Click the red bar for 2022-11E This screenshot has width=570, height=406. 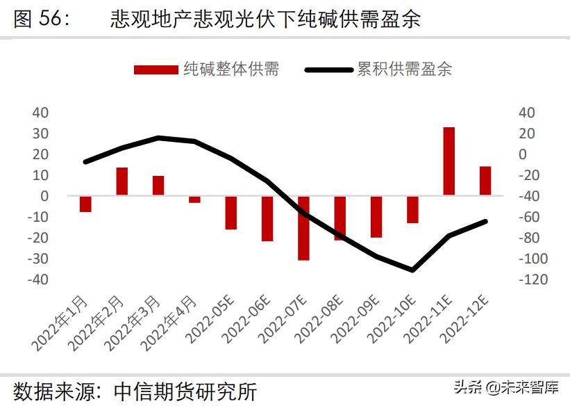tap(449, 161)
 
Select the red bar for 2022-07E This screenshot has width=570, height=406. tap(303, 228)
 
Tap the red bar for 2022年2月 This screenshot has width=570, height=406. tap(121, 181)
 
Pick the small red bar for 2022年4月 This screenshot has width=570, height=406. tap(194, 200)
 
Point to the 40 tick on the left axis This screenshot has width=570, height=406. tap(41, 113)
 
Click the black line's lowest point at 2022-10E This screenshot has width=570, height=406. tap(412, 270)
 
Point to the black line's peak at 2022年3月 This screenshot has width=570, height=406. tap(158, 138)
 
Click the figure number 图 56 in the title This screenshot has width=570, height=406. tap(41, 19)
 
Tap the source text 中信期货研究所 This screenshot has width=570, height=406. tap(185, 391)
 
